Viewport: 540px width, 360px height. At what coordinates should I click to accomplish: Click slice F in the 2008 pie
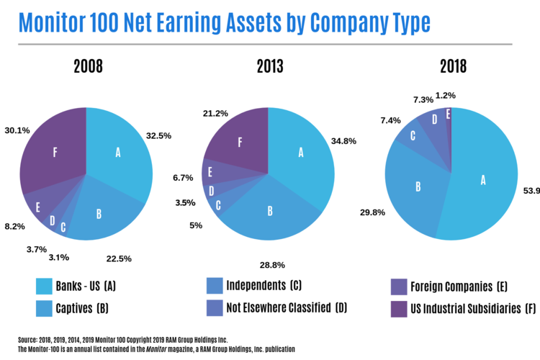pos(55,153)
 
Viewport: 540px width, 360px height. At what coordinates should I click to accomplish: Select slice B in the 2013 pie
pos(270,211)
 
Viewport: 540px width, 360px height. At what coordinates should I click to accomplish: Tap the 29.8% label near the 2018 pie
pos(374,212)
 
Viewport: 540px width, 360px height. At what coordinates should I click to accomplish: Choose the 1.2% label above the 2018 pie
pos(465,95)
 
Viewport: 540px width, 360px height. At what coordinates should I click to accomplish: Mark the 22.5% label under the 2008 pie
pos(119,258)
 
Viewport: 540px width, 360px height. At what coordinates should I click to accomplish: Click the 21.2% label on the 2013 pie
pos(216,113)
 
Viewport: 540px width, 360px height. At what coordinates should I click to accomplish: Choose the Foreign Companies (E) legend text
pos(460,287)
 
